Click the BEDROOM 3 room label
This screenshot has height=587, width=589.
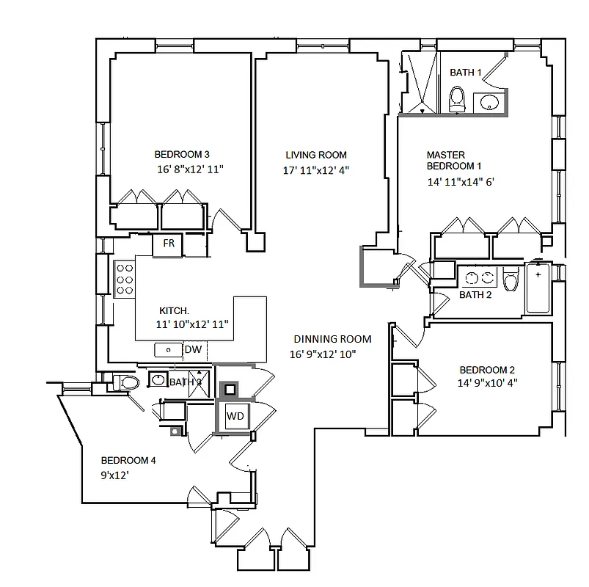[x=182, y=154]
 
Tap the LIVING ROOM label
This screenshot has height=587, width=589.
[x=315, y=155]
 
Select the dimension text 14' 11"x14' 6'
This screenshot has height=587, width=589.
[x=456, y=183]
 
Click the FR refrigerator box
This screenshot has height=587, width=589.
[x=168, y=244]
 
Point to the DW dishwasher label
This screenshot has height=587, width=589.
[x=193, y=350]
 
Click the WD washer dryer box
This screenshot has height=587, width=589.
[x=235, y=416]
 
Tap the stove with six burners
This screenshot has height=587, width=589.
[x=124, y=280]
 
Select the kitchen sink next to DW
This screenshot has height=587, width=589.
[x=168, y=350]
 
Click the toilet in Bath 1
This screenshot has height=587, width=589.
[x=457, y=99]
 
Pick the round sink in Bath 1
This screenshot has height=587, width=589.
[x=489, y=102]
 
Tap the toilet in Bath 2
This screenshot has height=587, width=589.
[x=511, y=278]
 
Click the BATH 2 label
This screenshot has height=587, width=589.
[x=475, y=295]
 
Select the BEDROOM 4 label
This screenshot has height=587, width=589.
[x=128, y=461]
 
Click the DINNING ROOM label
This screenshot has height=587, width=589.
[x=332, y=339]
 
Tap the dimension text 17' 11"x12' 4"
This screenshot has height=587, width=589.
[x=316, y=170]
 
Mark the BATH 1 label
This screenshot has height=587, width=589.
[x=465, y=73]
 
